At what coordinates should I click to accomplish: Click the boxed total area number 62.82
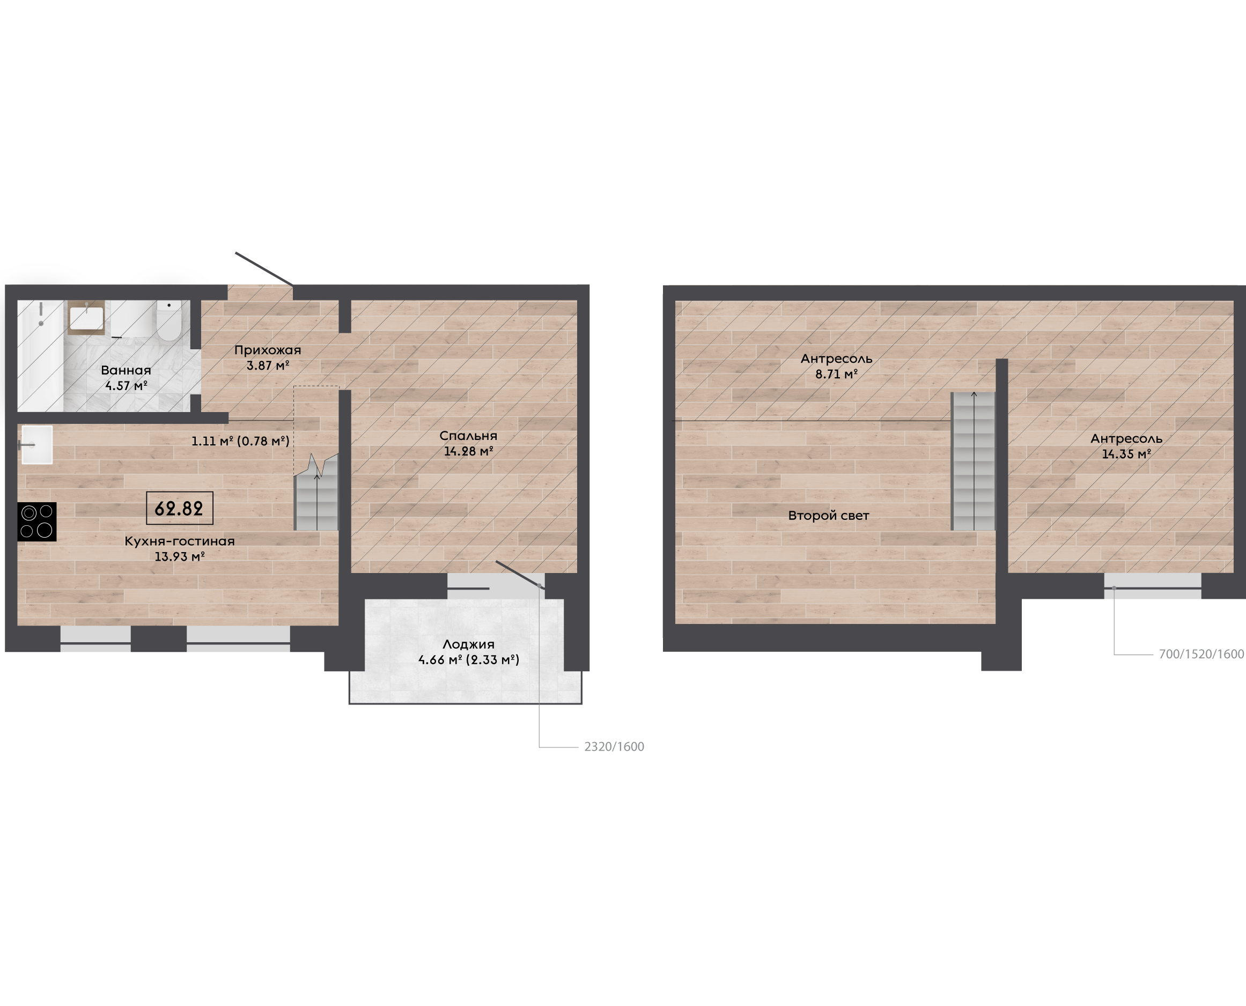click(179, 508)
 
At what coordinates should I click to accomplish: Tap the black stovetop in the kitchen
click(37, 522)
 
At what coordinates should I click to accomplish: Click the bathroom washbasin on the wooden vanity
click(86, 317)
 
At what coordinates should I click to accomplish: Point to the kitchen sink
click(36, 445)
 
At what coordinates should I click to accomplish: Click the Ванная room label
click(126, 370)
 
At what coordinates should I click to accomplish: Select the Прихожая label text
click(268, 350)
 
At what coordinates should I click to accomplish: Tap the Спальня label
click(468, 436)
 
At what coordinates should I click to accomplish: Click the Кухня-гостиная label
click(180, 541)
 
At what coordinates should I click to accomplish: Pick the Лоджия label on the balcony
click(468, 644)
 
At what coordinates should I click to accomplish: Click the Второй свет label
click(828, 516)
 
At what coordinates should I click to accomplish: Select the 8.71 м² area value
click(836, 374)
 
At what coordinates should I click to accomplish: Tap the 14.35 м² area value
click(1126, 454)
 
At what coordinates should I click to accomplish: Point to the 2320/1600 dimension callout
click(614, 746)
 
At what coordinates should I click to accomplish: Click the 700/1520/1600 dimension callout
click(1201, 653)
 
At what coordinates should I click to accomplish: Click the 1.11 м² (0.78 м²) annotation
click(240, 441)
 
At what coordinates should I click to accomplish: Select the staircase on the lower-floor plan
click(316, 493)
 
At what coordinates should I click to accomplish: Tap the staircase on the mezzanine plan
click(974, 461)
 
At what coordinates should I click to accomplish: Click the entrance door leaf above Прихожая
click(263, 269)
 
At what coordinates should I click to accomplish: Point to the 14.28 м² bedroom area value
click(469, 451)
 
